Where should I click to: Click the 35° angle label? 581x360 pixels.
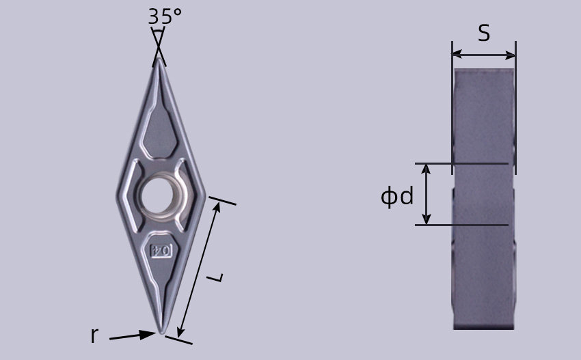pos(165,16)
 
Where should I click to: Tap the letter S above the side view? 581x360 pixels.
pos(484,33)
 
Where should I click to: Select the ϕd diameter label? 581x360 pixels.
pos(397,196)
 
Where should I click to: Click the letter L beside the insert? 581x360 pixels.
pos(215,277)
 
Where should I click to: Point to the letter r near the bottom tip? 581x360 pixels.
pos(95,335)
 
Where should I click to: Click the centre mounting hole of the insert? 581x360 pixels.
pos(157,195)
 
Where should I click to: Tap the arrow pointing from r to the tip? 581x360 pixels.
pos(133,336)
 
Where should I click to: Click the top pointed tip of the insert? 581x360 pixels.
pos(159,59)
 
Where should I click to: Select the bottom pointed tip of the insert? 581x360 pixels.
pos(161,333)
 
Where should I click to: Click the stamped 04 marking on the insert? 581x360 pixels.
pos(161,251)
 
